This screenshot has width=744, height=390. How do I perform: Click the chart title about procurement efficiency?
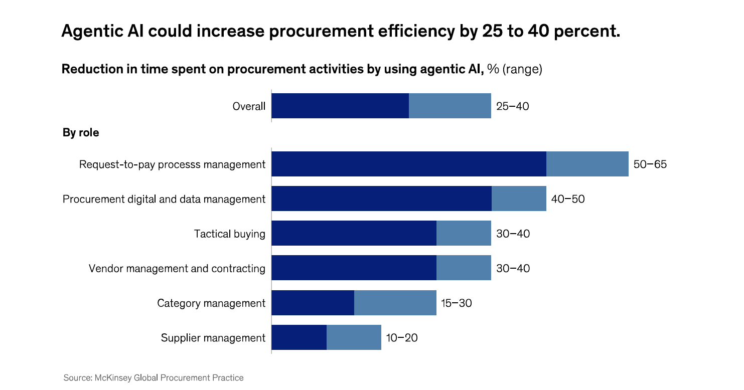coord(341,31)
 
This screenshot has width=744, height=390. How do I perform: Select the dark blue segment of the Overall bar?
coord(340,106)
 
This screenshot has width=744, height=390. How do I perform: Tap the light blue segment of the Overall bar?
coord(450,106)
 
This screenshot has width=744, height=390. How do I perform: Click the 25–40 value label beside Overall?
coord(512,106)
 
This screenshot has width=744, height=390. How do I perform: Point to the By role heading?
coord(81,133)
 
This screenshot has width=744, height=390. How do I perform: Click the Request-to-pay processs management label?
coord(172,164)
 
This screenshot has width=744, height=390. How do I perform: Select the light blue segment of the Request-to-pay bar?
coord(587,164)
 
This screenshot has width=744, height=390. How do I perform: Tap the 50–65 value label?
coord(650,164)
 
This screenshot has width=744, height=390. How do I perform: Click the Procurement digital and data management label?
coord(164,199)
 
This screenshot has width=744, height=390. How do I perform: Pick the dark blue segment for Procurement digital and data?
coord(381,199)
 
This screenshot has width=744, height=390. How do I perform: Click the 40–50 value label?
coord(567,199)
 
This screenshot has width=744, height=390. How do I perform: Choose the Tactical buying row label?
coord(230,234)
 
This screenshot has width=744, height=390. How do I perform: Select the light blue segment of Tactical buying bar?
coord(464,233)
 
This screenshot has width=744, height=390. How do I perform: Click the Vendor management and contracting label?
coord(177,268)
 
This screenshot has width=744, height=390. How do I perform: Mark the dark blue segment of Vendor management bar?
coord(354,268)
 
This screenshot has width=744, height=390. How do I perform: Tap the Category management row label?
coord(211,303)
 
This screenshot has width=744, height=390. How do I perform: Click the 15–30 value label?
coord(456,303)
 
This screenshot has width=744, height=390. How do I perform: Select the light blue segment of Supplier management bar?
coord(354,337)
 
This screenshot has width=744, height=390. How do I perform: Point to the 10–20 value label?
coord(401,338)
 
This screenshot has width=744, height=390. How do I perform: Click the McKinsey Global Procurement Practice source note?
coord(154,377)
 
